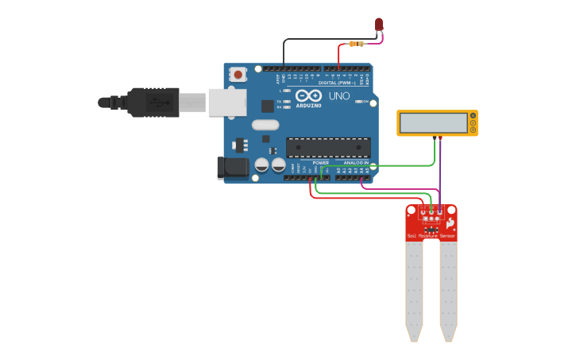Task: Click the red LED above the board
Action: [379, 24]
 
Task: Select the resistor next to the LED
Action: [357, 44]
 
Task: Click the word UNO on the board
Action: [339, 96]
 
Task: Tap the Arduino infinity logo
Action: [308, 95]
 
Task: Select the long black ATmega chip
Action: [328, 147]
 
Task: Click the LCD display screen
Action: [434, 122]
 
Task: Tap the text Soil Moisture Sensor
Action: [431, 236]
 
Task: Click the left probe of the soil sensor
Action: [414, 290]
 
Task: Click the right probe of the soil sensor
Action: [449, 290]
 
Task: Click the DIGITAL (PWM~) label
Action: [337, 82]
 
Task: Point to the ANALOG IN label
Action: [355, 162]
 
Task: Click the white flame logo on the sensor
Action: [450, 224]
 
